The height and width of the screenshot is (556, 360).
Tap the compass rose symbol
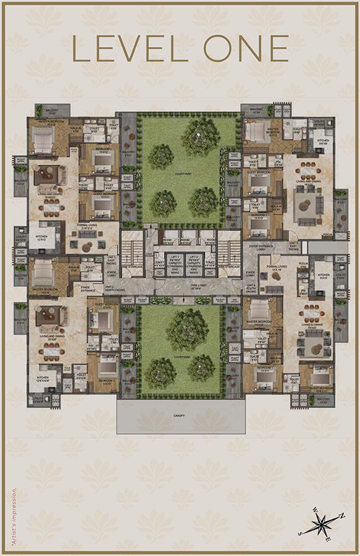tap(322, 524)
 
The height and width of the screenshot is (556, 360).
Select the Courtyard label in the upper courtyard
tap(180, 174)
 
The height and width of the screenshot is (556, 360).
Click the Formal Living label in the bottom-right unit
tap(271, 270)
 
